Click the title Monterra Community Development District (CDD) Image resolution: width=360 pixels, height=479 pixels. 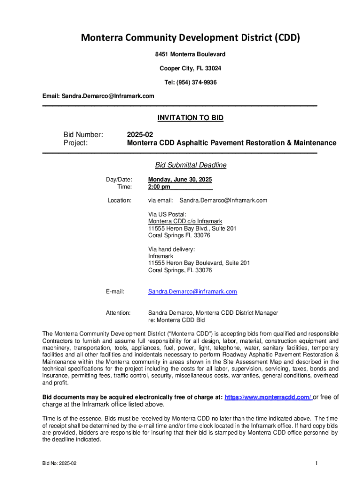(190, 38)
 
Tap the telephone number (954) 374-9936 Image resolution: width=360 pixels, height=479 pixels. (197, 82)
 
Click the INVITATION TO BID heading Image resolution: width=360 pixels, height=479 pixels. (189, 118)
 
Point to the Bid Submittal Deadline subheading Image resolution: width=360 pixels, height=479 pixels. (191, 165)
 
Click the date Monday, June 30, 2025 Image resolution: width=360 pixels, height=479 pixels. (180, 180)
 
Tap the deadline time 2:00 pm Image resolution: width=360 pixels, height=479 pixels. (159, 187)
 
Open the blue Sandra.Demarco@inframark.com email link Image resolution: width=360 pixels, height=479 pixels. (193, 291)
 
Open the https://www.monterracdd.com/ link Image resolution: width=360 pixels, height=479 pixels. (268, 397)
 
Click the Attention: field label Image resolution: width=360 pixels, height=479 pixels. (118, 312)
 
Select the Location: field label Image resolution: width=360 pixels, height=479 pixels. (120, 200)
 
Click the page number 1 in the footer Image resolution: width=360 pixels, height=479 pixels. (317, 463)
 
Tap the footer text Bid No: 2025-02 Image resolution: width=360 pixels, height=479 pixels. (59, 463)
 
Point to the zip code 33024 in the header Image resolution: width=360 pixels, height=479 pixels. (213, 68)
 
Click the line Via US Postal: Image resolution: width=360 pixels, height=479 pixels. (167, 214)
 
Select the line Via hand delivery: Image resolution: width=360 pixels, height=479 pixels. (172, 249)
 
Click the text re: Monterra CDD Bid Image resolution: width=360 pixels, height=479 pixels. (177, 320)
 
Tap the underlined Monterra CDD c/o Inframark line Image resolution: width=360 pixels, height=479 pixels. (185, 221)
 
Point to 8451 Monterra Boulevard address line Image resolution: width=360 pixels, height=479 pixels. (190, 55)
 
